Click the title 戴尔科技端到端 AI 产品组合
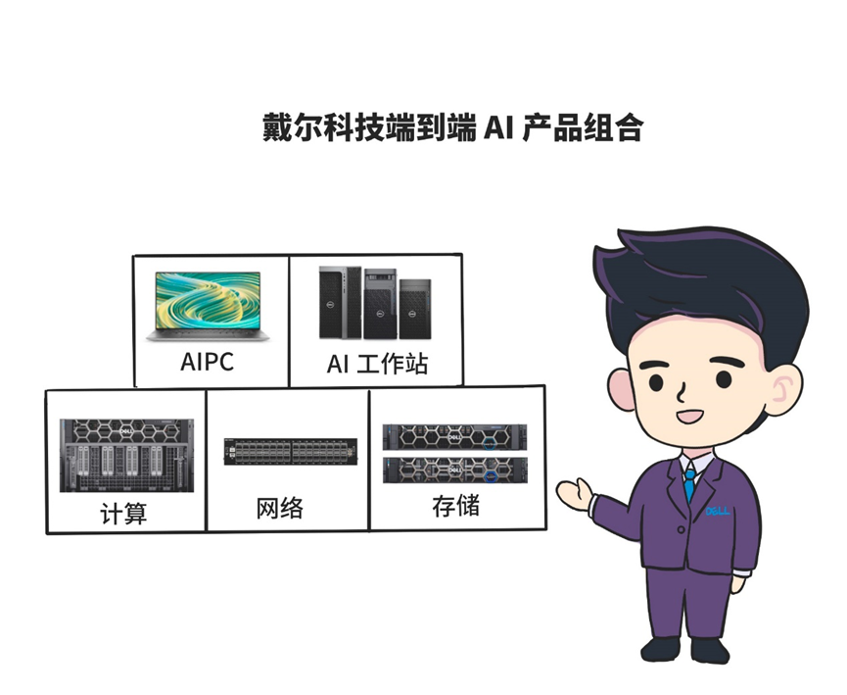pyautogui.click(x=451, y=128)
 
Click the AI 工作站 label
pyautogui.click(x=378, y=365)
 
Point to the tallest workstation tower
pyautogui.click(x=339, y=303)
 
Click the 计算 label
pyautogui.click(x=123, y=513)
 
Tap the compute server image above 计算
pyautogui.click(x=126, y=456)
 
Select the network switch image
pyautogui.click(x=290, y=451)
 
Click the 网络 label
pyautogui.click(x=279, y=508)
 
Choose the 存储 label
pyautogui.click(x=455, y=507)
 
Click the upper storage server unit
pyautogui.click(x=454, y=437)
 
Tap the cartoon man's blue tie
pyautogui.click(x=690, y=484)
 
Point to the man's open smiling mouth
pyautogui.click(x=691, y=417)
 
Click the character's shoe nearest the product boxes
pyautogui.click(x=659, y=648)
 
